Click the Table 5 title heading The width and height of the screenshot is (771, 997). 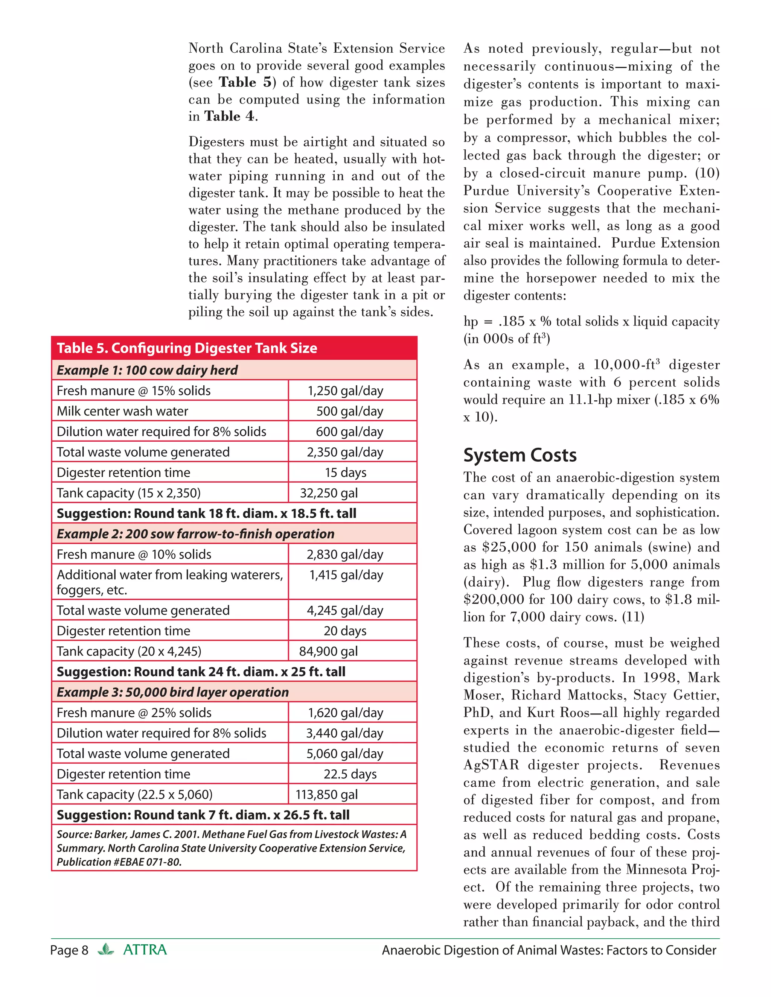click(x=187, y=348)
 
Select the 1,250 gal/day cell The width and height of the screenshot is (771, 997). click(x=345, y=391)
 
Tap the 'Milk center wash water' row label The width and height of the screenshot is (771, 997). click(x=122, y=411)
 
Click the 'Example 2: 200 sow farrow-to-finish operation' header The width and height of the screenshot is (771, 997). click(x=195, y=533)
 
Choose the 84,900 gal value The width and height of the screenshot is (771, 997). click(x=328, y=651)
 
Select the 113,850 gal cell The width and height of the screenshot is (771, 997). click(x=326, y=795)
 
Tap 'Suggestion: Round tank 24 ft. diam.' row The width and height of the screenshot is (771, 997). click(x=201, y=672)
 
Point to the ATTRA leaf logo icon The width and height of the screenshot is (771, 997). click(x=105, y=950)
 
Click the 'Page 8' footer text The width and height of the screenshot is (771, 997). click(x=69, y=950)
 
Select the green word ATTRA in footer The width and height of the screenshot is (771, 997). click(x=145, y=950)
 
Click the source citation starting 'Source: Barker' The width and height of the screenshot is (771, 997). click(x=231, y=848)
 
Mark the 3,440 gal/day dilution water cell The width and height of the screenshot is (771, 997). click(x=344, y=733)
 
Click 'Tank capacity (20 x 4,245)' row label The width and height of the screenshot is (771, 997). click(x=129, y=651)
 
